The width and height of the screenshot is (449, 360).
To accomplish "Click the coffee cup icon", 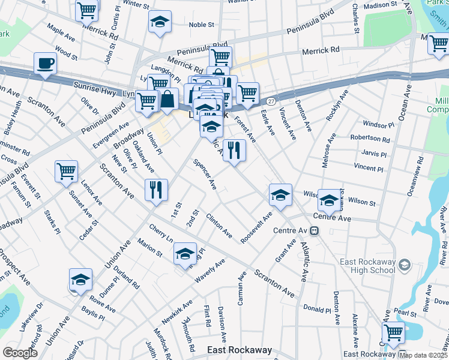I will pyautogui.click(x=45, y=63).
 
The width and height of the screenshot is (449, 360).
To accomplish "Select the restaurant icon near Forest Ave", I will pyautogui.click(x=234, y=149).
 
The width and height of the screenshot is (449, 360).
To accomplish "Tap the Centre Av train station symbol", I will pyautogui.click(x=314, y=230).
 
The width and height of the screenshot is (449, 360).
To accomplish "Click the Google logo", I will pyautogui.click(x=20, y=352).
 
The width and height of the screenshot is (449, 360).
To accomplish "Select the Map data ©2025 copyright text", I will pyautogui.click(x=424, y=355).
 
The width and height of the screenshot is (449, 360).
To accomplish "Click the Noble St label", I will pyautogui.click(x=202, y=25).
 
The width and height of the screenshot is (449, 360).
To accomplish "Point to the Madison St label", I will pyautogui.click(x=381, y=5).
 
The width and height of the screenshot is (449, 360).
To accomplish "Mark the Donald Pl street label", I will pyautogui.click(x=317, y=311).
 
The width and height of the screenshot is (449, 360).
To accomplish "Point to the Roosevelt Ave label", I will pyautogui.click(x=256, y=227).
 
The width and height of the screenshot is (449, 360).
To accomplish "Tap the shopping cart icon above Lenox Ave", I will pyautogui.click(x=66, y=170).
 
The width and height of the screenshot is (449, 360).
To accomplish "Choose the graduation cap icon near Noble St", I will pyautogui.click(x=160, y=23).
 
